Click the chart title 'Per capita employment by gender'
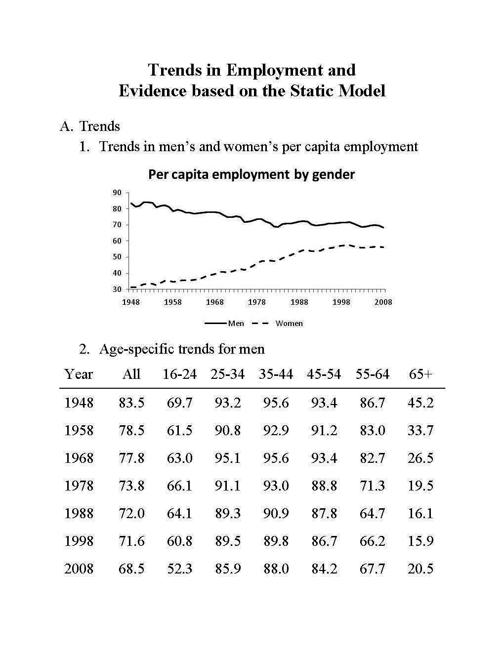coord(252,174)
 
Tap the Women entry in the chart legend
coord(289,324)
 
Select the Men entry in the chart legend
coord(236,324)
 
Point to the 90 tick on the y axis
coord(118,193)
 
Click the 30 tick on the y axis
coord(118,289)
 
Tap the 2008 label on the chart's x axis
coord(383,302)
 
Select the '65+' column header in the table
coord(420,374)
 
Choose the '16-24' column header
coord(179,374)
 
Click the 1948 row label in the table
coord(79,403)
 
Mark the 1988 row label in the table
coord(79,514)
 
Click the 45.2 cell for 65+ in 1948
coord(420,403)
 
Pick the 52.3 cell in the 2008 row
coord(179,569)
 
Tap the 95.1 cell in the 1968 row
coord(228,458)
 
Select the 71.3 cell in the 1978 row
coord(372,486)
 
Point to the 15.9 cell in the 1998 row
coord(420,541)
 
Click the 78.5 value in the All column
coord(131,431)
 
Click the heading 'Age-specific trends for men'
coord(181,349)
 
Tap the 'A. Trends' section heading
coord(90,126)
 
